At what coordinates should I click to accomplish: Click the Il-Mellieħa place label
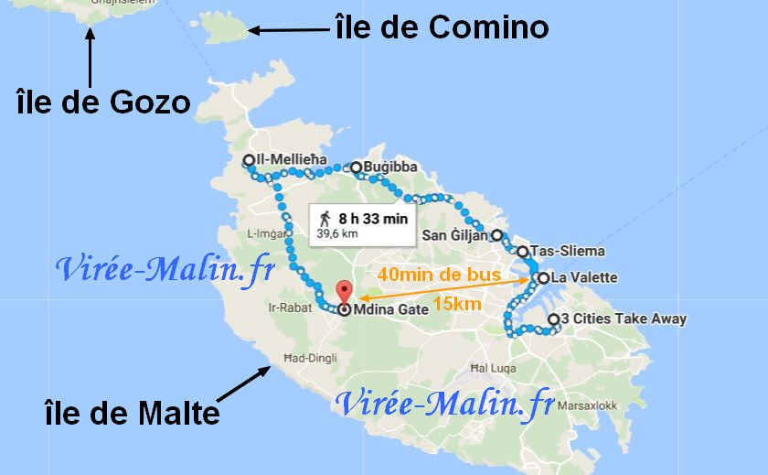click(291, 160)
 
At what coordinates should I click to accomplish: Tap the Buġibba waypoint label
click(390, 167)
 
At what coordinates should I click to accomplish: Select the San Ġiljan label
click(455, 235)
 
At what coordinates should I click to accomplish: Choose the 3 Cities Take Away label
click(623, 319)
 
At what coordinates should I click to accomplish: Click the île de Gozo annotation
click(102, 101)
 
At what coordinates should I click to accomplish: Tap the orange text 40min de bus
click(438, 274)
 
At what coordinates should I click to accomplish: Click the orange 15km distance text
click(459, 303)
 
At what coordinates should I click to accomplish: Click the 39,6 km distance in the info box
click(336, 234)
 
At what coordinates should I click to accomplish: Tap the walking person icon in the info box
click(325, 219)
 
